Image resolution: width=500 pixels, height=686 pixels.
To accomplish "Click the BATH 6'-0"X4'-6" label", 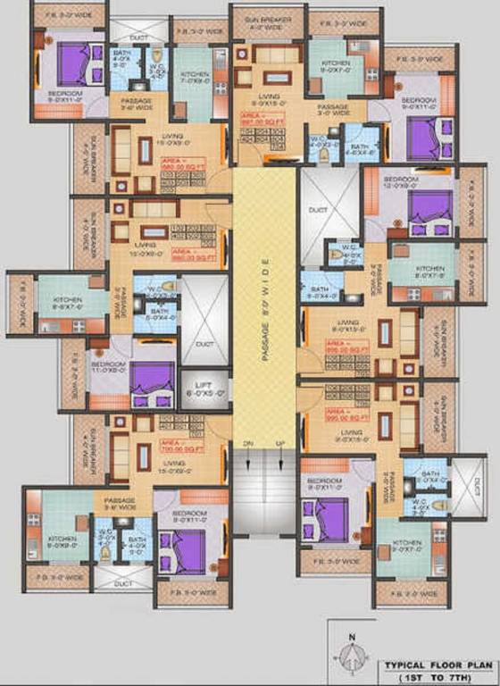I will pyautogui.click(x=360, y=148).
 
